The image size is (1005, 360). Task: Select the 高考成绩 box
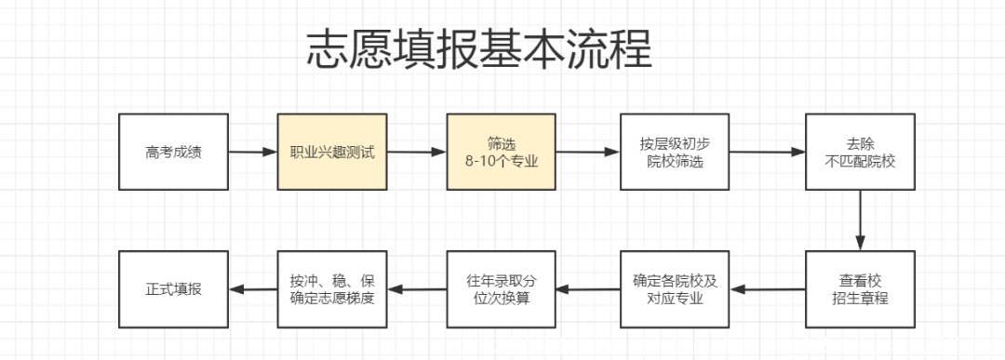tap(173, 153)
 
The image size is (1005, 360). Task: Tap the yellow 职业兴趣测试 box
tap(331, 153)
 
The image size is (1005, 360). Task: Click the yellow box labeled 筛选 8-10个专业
tap(501, 153)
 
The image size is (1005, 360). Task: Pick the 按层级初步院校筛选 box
tap(675, 153)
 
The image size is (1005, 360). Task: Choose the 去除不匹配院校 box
tap(859, 153)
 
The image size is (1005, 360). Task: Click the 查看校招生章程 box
tap(859, 289)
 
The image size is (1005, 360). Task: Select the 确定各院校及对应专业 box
tap(675, 289)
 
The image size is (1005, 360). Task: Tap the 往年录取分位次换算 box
tap(501, 289)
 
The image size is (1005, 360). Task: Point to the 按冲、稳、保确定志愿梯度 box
tap(331, 289)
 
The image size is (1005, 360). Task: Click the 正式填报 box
tap(173, 289)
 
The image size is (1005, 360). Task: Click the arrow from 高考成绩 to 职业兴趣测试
tap(252, 153)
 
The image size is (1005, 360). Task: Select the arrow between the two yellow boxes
tap(416, 153)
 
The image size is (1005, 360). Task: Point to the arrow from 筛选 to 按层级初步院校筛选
tap(588, 153)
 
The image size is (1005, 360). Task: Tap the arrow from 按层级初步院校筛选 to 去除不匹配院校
tap(768, 153)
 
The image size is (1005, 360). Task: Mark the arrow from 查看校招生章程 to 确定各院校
tap(768, 289)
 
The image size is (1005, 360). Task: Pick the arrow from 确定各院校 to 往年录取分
tap(588, 289)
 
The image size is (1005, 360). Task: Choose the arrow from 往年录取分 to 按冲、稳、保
tap(416, 289)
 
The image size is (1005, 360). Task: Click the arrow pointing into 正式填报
tap(252, 289)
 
